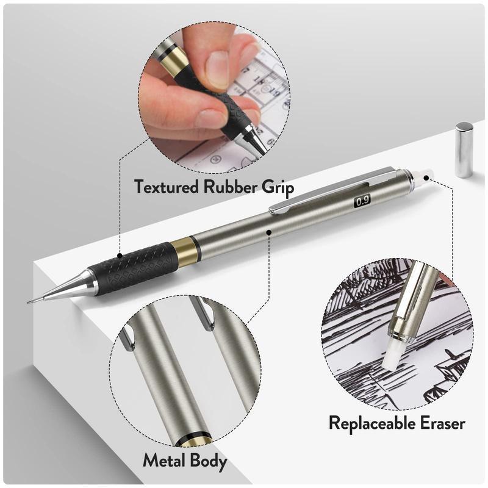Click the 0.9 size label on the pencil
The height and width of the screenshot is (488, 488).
tap(362, 199)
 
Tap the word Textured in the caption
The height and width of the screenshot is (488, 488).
tap(169, 185)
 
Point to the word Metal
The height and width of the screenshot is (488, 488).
tap(168, 461)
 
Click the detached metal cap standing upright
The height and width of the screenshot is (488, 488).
tap(464, 150)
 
